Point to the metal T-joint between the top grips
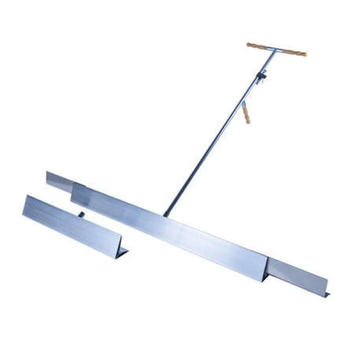point(275,50)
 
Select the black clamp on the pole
point(262,78)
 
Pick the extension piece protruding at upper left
point(58,180)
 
